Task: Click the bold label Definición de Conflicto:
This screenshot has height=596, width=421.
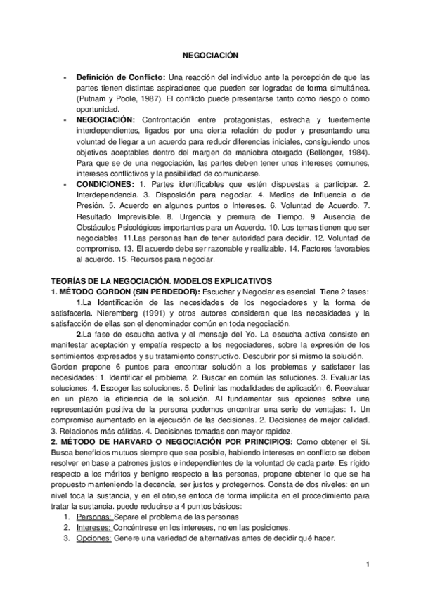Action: pos(121,77)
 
